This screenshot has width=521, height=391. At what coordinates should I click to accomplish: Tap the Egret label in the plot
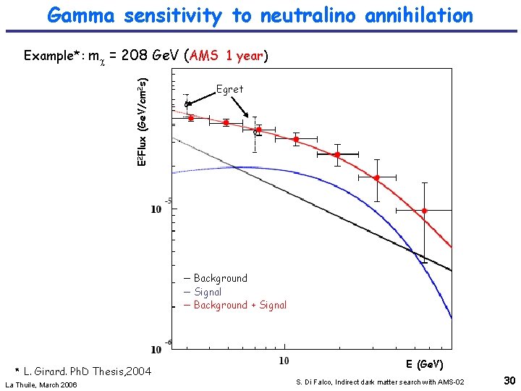[230, 89]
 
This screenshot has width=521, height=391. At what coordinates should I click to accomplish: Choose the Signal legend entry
[208, 292]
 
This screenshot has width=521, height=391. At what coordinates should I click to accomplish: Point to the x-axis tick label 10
[284, 360]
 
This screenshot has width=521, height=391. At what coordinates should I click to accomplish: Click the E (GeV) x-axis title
[424, 364]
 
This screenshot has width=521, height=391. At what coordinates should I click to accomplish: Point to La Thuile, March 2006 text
[41, 384]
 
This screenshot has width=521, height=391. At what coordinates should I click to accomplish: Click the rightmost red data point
[425, 211]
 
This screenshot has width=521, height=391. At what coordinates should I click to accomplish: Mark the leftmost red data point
[191, 118]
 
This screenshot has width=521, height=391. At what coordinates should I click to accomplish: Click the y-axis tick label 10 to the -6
[161, 348]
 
